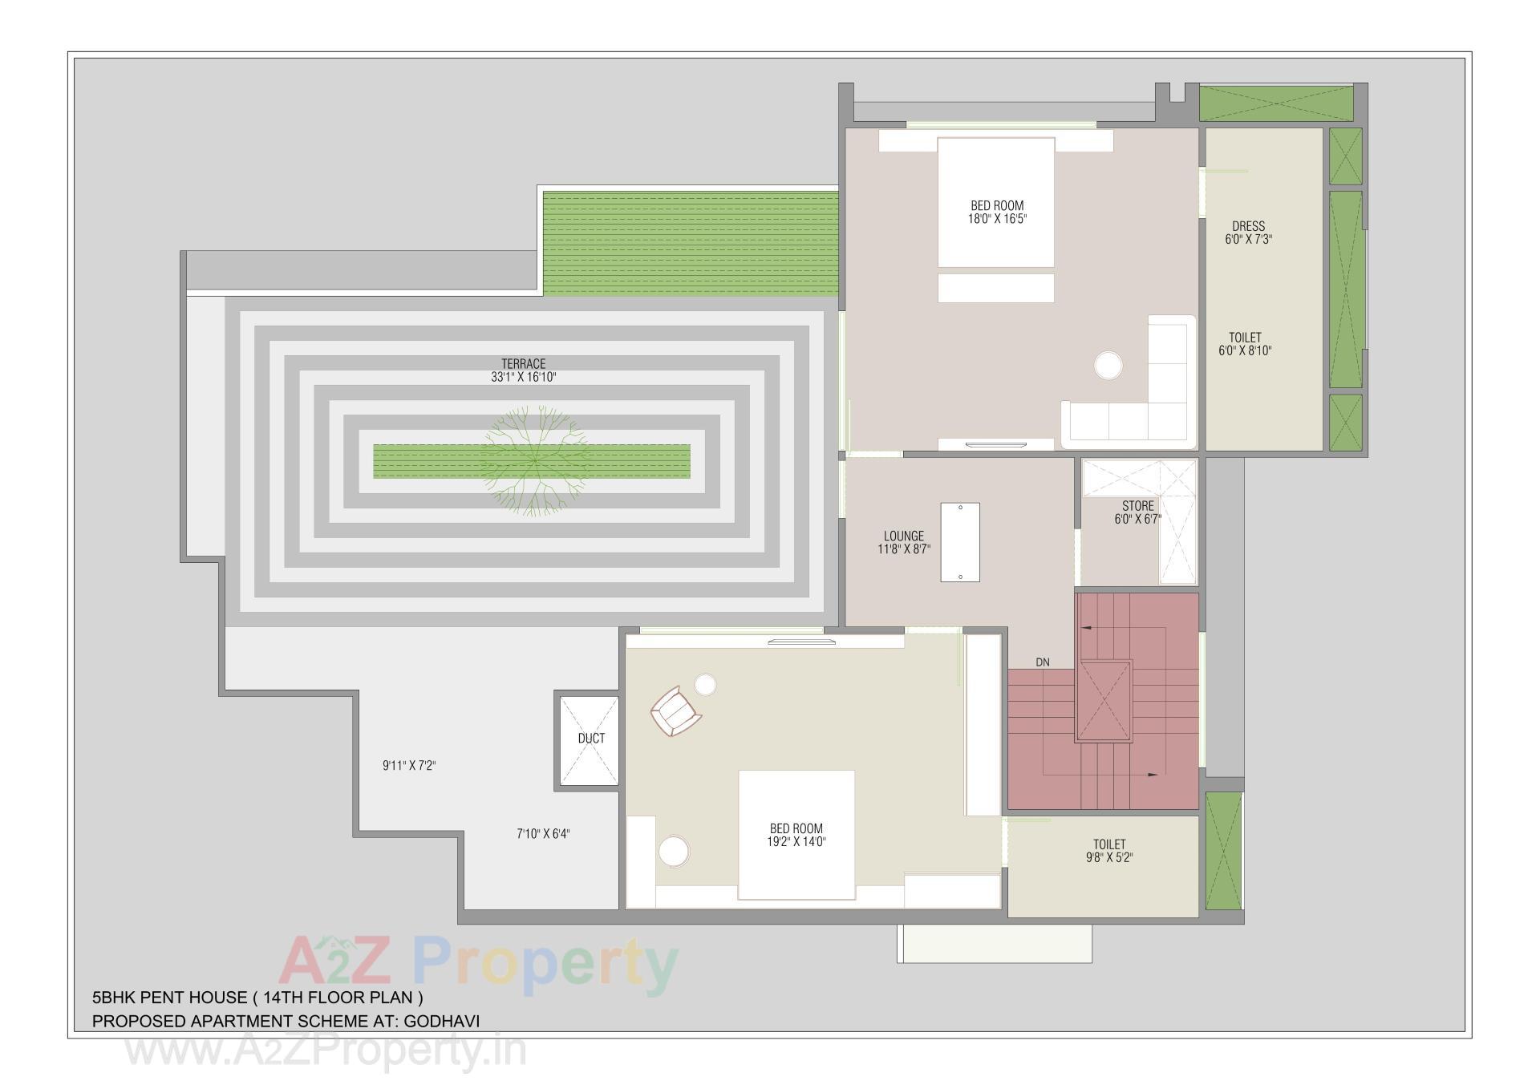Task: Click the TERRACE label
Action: click(x=523, y=363)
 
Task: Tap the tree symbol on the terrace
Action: click(x=535, y=460)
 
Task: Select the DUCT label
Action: click(x=591, y=738)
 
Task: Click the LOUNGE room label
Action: click(x=903, y=536)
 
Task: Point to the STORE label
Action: click(x=1137, y=506)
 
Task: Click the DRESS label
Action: click(x=1248, y=226)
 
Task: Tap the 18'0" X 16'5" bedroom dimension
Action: click(x=997, y=219)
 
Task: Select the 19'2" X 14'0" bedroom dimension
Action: click(x=796, y=841)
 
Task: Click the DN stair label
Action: click(x=1042, y=662)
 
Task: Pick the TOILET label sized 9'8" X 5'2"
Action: click(x=1108, y=844)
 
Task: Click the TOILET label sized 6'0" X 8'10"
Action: click(x=1245, y=338)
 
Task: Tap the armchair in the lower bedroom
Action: click(x=675, y=710)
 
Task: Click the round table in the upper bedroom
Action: click(x=1108, y=366)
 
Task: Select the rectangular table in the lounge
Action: click(x=960, y=542)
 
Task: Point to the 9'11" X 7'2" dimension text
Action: click(x=409, y=766)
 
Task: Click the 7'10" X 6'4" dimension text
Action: click(x=543, y=834)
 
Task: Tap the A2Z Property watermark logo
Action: click(x=478, y=966)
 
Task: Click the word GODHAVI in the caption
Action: click(x=441, y=1022)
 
